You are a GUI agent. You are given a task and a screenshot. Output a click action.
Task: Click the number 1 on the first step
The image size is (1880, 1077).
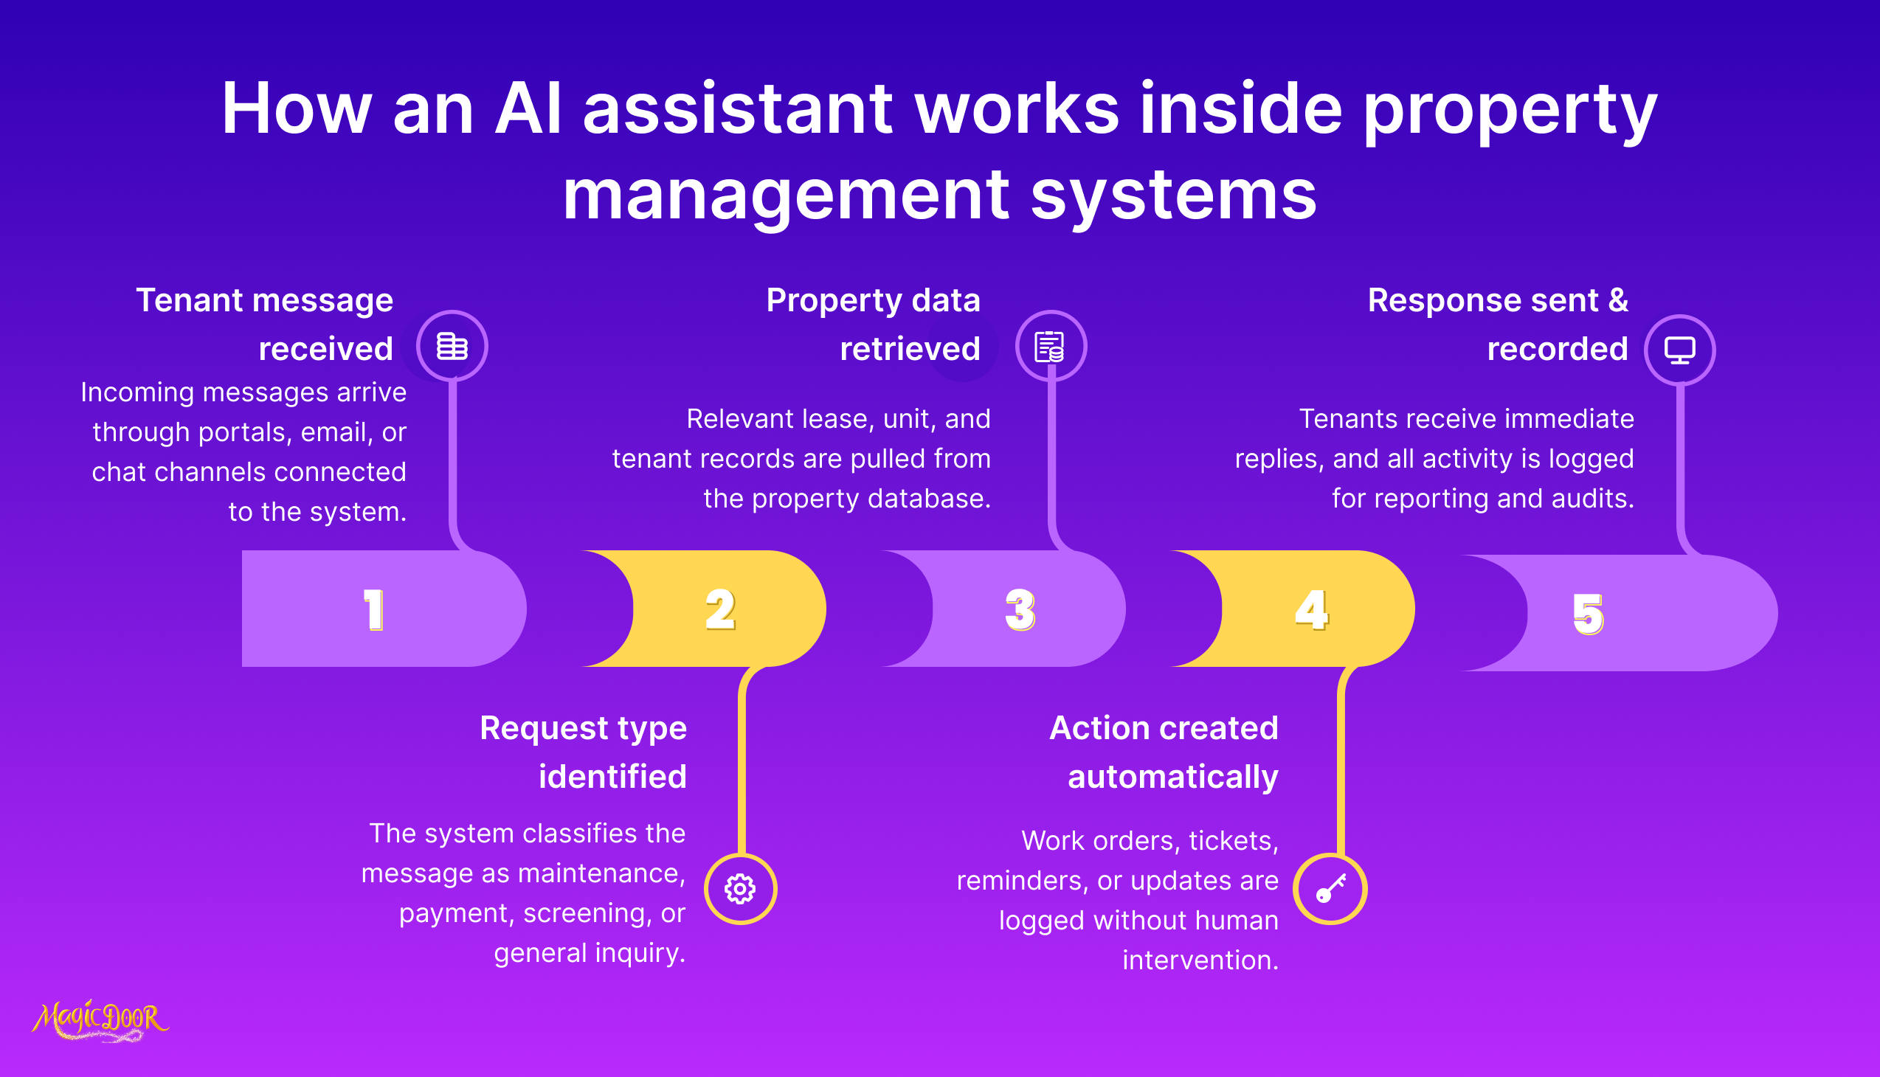pyautogui.click(x=373, y=609)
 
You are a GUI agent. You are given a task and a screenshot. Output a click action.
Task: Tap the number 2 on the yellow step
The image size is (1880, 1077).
pyautogui.click(x=720, y=609)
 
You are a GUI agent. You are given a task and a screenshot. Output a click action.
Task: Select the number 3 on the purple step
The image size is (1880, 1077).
pyautogui.click(x=1020, y=609)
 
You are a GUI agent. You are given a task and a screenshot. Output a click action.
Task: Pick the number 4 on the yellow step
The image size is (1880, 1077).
pyautogui.click(x=1312, y=609)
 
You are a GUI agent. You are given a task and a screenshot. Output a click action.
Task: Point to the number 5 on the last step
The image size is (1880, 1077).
pyautogui.click(x=1588, y=614)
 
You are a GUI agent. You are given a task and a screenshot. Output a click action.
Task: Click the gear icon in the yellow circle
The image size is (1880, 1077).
pyautogui.click(x=740, y=889)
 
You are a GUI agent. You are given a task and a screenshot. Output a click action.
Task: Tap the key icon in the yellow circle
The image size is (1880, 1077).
pyautogui.click(x=1330, y=889)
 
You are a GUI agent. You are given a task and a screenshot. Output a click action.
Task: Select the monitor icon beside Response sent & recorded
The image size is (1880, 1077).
pyautogui.click(x=1679, y=350)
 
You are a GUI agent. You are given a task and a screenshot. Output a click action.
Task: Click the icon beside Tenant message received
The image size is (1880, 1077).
pyautogui.click(x=452, y=346)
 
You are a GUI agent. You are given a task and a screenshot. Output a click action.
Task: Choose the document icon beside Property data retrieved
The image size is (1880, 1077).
pyautogui.click(x=1050, y=346)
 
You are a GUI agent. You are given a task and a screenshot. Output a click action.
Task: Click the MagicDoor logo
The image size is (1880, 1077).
pyautogui.click(x=100, y=1021)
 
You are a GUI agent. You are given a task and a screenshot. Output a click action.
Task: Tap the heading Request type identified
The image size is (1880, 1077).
pyautogui.click(x=584, y=752)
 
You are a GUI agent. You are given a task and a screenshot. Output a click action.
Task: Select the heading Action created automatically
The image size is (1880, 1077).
pyautogui.click(x=1164, y=752)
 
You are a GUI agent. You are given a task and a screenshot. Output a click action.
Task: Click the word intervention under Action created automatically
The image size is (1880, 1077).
pyautogui.click(x=1200, y=960)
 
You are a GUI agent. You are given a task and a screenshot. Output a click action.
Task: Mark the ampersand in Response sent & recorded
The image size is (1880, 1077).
pyautogui.click(x=1617, y=300)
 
